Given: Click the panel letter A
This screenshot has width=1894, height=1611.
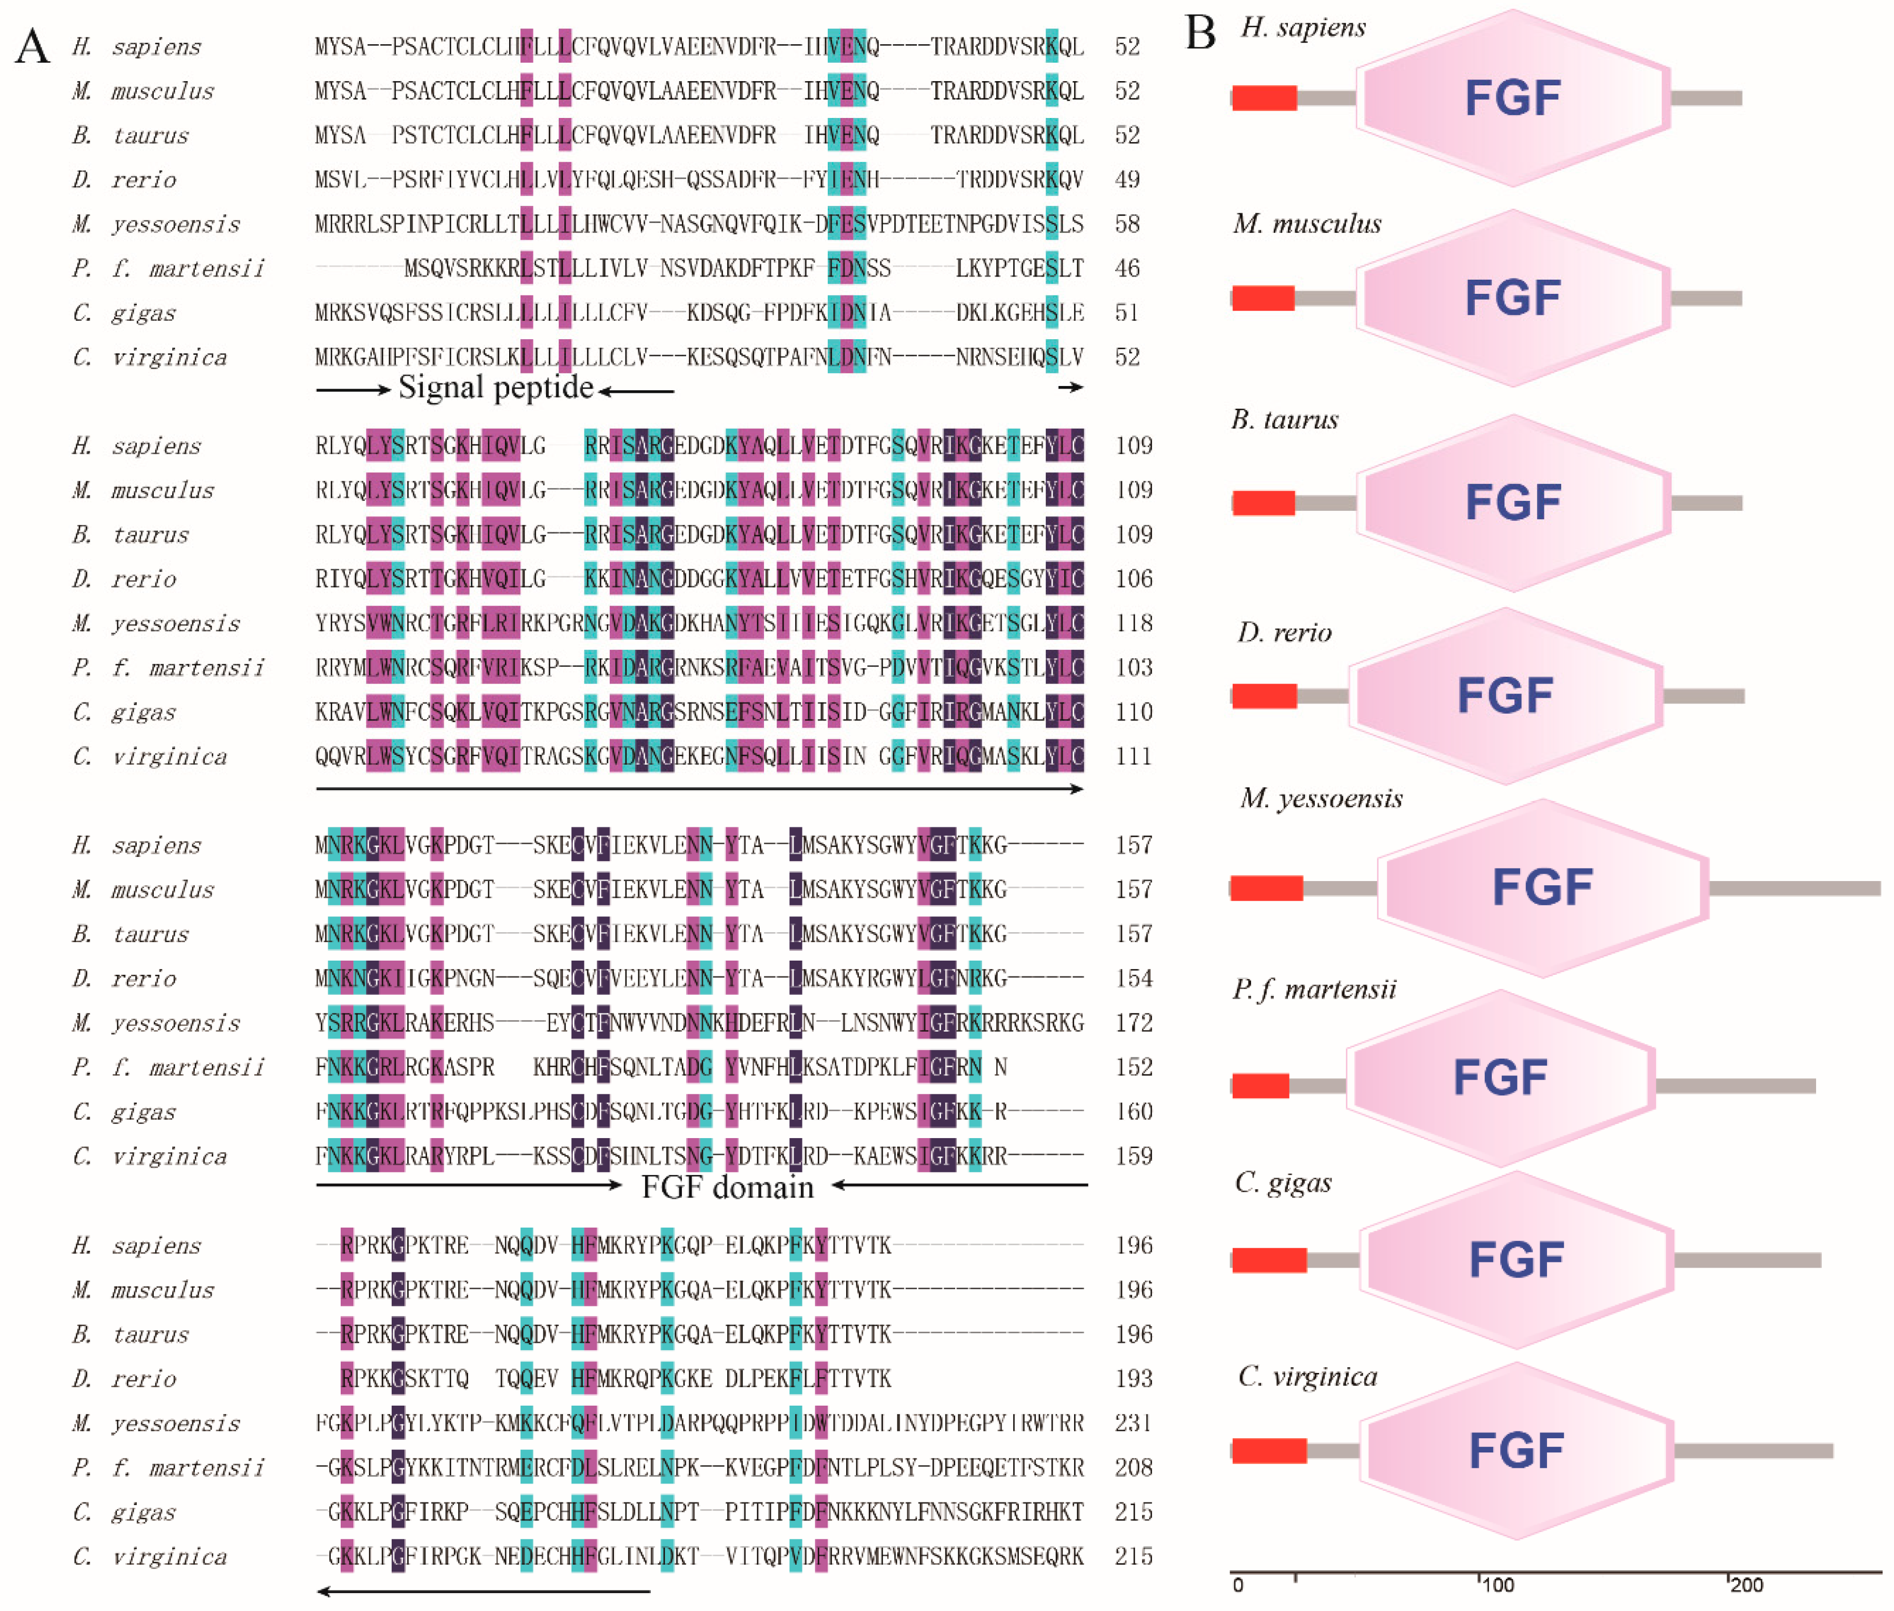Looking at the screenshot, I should pyautogui.click(x=33, y=46).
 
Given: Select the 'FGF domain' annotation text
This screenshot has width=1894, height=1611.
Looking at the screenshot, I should pyautogui.click(x=727, y=1187).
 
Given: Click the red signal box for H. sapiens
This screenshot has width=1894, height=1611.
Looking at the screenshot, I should pyautogui.click(x=1264, y=98).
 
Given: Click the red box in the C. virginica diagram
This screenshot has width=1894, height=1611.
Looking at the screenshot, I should pyautogui.click(x=1268, y=1450).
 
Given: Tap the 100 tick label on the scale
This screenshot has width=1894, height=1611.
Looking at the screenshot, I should pyautogui.click(x=1497, y=1585).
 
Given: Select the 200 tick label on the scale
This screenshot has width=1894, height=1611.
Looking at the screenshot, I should pyautogui.click(x=1746, y=1585).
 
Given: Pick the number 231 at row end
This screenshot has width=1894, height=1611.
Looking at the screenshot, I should pyautogui.click(x=1133, y=1423).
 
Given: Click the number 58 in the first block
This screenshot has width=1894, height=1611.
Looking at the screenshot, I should pyautogui.click(x=1127, y=224).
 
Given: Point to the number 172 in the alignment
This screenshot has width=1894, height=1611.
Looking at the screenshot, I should pyautogui.click(x=1133, y=1023).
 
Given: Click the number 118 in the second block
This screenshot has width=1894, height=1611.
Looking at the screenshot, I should pyautogui.click(x=1133, y=624).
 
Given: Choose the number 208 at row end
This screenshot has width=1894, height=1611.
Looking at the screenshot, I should pyautogui.click(x=1133, y=1468).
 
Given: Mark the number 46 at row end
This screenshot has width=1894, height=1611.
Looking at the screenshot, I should pyautogui.click(x=1127, y=269).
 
